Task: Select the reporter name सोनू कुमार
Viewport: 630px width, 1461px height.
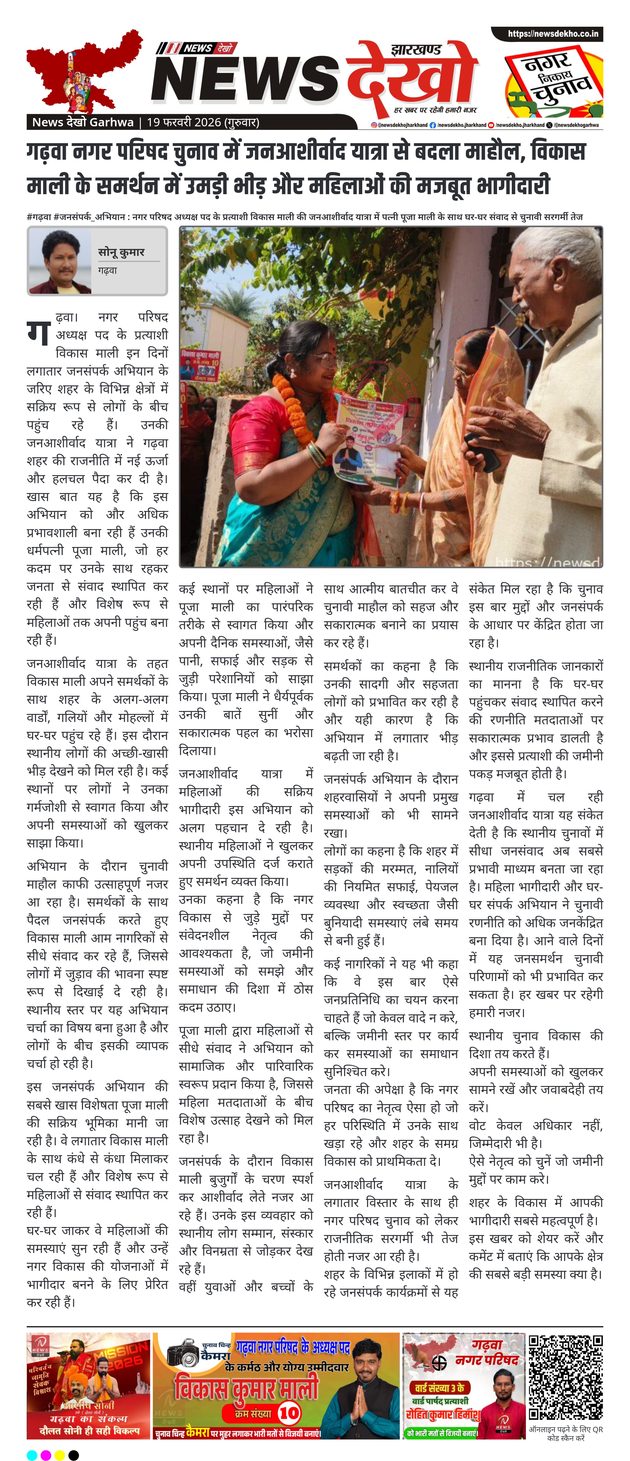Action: click(121, 252)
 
